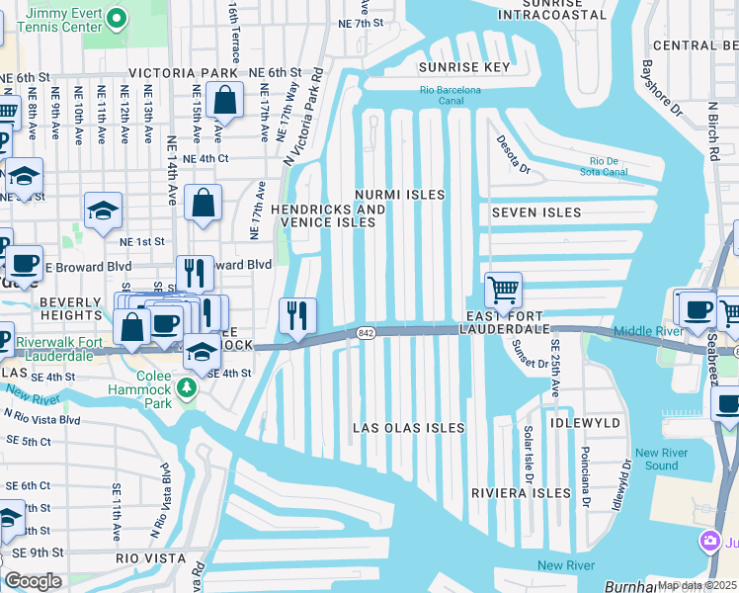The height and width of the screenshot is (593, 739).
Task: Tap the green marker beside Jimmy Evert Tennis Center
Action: (x=118, y=18)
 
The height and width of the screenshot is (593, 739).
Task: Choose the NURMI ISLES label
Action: (x=400, y=196)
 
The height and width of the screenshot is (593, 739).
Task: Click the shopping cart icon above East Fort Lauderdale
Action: (x=503, y=291)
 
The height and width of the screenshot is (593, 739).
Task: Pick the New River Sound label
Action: (x=655, y=458)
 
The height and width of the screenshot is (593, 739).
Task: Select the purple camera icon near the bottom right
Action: (x=709, y=541)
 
